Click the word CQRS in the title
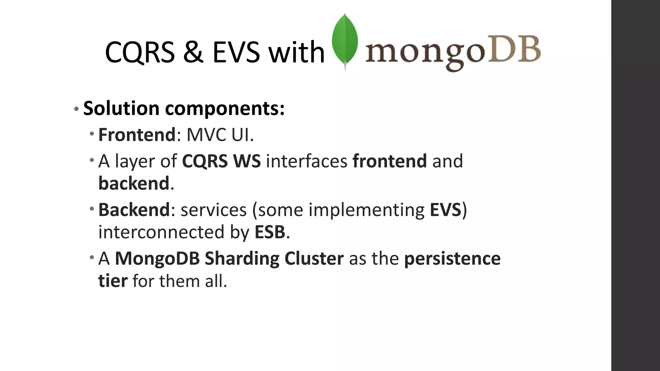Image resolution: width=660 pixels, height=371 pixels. click(140, 52)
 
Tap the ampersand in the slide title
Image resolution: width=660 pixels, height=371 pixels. click(193, 52)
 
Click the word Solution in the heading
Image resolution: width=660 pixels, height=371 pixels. click(121, 108)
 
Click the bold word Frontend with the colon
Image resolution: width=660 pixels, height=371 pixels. click(137, 135)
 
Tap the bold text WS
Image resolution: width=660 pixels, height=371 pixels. click(247, 161)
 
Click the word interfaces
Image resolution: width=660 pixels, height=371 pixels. click(306, 161)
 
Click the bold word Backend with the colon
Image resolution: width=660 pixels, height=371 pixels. click(135, 210)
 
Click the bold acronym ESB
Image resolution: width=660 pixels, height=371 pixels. click(270, 232)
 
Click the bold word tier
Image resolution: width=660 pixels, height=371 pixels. click(113, 281)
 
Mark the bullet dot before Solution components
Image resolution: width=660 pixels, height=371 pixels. click(76, 109)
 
